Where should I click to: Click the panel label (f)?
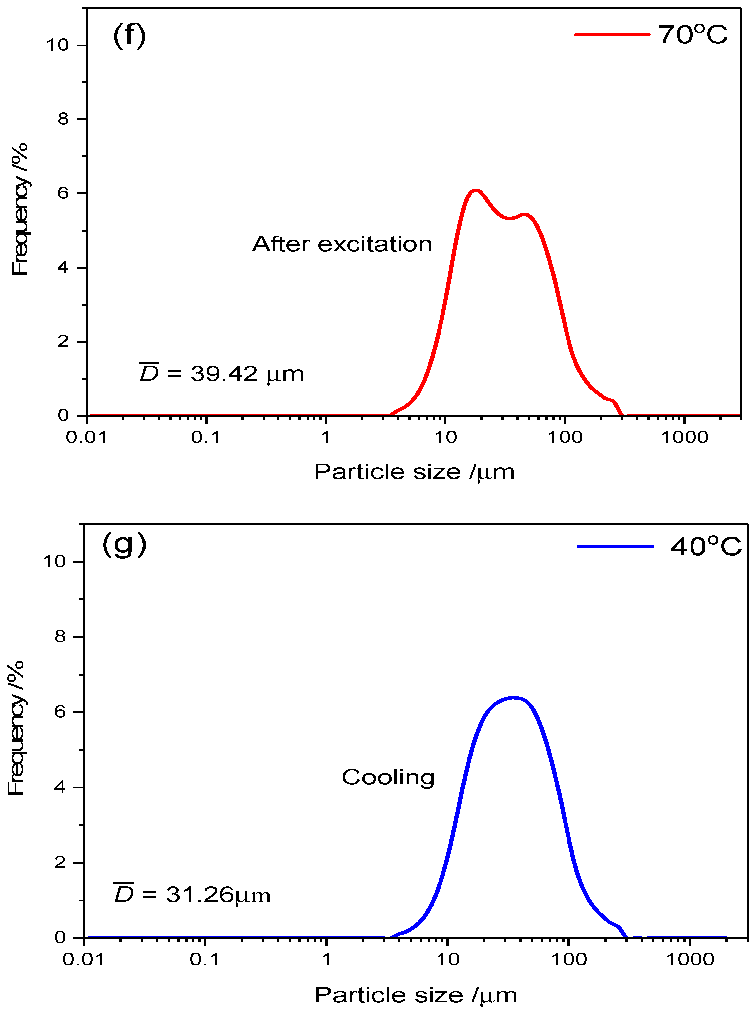click(129, 37)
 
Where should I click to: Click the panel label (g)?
click(124, 545)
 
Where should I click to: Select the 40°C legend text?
click(705, 547)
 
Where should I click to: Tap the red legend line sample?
click(612, 35)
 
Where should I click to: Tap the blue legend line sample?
click(615, 546)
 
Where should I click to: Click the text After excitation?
click(342, 244)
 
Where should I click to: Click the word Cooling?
click(388, 778)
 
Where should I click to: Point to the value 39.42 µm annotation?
click(222, 374)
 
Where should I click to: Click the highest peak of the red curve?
click(476, 190)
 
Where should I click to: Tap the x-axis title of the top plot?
click(414, 472)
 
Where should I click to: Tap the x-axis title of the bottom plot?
click(415, 995)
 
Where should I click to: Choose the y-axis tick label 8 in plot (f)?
click(63, 119)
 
